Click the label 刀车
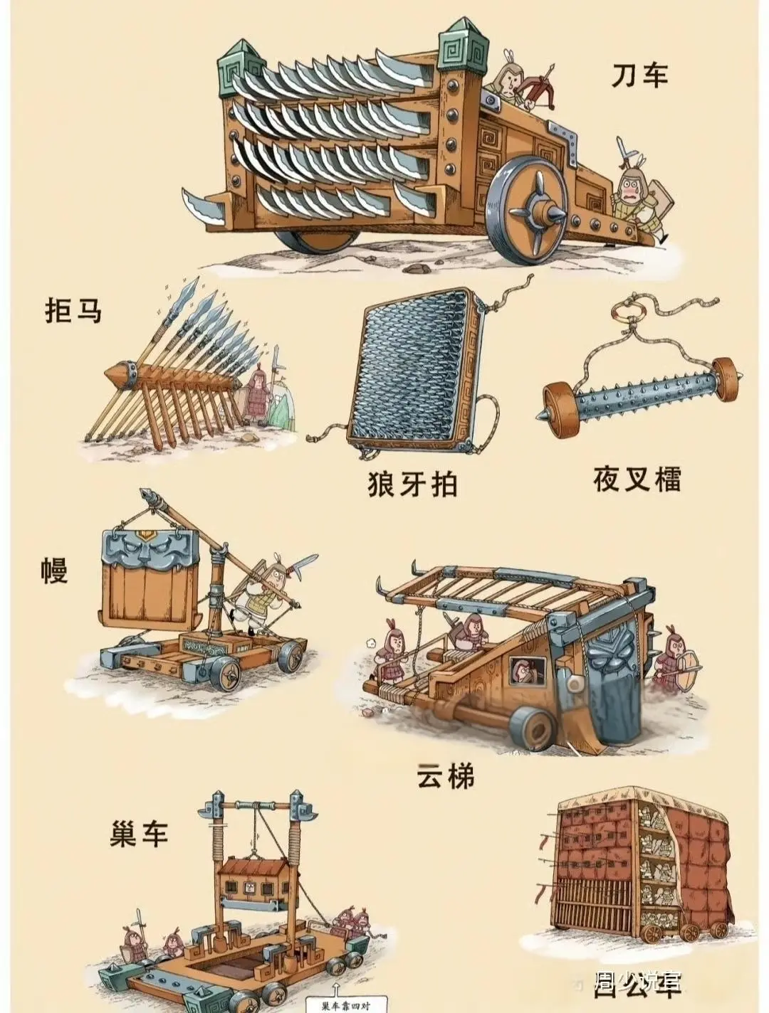[x=639, y=75]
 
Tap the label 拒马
[x=73, y=311]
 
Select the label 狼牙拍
[x=412, y=485]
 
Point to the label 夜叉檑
[x=637, y=479]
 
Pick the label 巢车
[x=139, y=832]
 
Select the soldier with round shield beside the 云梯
[x=676, y=661]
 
